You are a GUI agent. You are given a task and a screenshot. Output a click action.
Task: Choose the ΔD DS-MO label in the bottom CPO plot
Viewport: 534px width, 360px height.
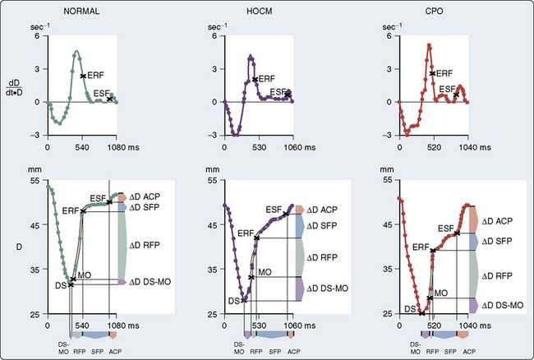pos(502,305)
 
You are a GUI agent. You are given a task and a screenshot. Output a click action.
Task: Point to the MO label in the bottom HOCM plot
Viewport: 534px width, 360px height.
pos(265,271)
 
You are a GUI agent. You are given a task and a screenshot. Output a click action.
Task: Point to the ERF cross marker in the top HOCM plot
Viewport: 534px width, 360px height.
pos(255,80)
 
